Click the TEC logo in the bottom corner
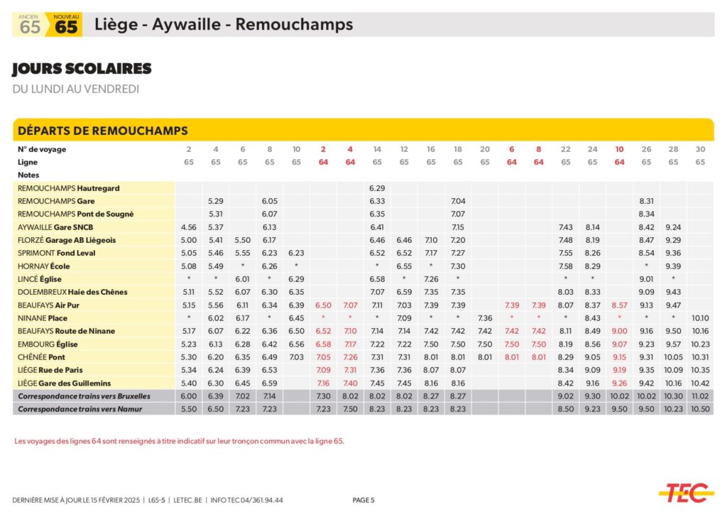[685, 492]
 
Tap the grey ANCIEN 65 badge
[30, 25]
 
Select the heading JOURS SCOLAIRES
[82, 69]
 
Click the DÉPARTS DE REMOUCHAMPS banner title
[102, 131]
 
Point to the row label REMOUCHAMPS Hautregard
[69, 188]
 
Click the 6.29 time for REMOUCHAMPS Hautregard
[377, 188]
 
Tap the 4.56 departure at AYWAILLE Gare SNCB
[188, 227]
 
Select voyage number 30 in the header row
[700, 149]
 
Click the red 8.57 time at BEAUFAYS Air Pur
[619, 305]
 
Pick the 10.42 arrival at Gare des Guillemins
[700, 383]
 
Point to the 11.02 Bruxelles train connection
[700, 396]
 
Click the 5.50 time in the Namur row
[188, 409]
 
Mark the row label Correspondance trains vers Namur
[80, 409]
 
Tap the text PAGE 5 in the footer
[363, 500]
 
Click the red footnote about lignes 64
[179, 441]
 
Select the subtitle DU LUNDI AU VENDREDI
[76, 90]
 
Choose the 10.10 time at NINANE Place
[700, 318]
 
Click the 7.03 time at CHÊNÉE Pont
[296, 357]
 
